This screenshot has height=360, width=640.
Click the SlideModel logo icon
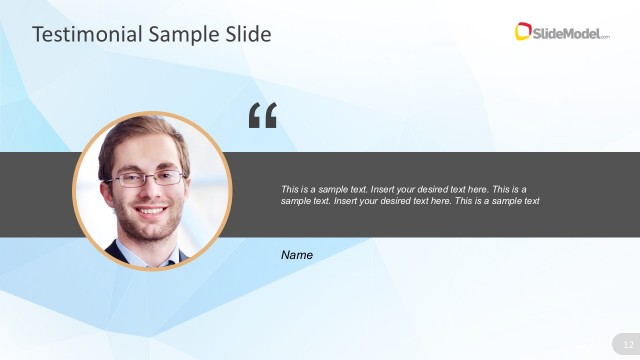tap(523, 32)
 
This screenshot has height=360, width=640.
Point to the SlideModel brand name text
tap(570, 33)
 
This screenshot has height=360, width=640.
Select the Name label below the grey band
tap(297, 255)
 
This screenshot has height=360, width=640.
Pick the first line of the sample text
tap(404, 189)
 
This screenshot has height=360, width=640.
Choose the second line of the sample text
tap(410, 201)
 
